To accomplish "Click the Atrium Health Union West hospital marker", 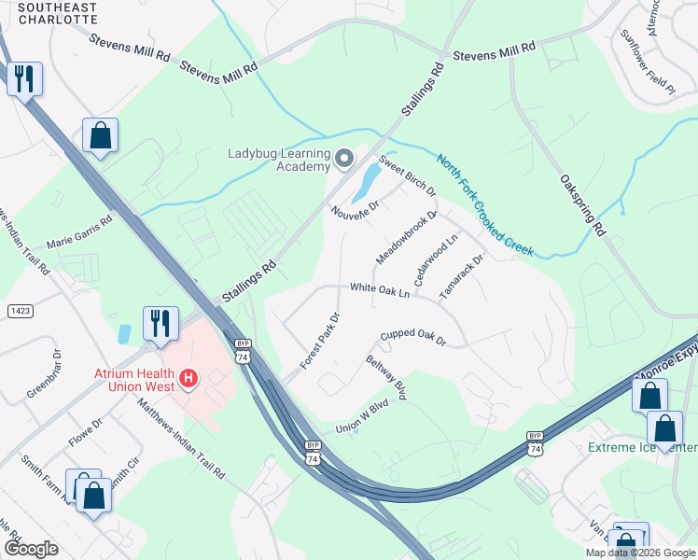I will pos(188,378).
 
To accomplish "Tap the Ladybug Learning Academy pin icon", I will pos(344,160).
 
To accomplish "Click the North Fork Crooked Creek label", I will pos(484,204).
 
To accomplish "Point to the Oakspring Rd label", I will pos(583,205).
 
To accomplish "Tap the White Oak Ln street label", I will pos(380,291).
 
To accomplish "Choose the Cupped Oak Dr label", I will pos(413,337).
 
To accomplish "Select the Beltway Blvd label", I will pos(385,378).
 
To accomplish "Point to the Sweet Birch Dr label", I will pos(408,176).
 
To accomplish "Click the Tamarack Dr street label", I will pos(462,275).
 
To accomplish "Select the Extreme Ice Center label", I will pos(643,448).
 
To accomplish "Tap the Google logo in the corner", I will pos(31,549).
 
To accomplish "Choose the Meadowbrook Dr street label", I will pos(407,237).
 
